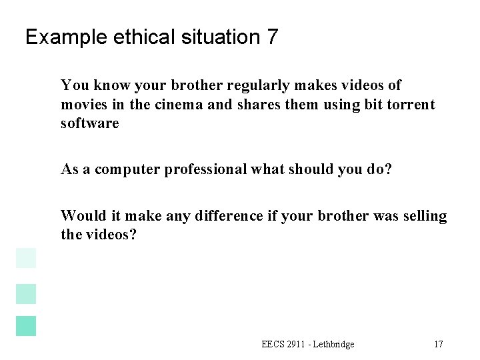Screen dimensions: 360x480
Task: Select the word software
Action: click(x=89, y=123)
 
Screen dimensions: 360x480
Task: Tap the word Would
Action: click(x=79, y=215)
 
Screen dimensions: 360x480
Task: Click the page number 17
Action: click(x=439, y=345)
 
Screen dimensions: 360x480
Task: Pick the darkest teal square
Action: click(x=26, y=326)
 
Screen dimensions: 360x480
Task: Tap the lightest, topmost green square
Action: click(x=26, y=258)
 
